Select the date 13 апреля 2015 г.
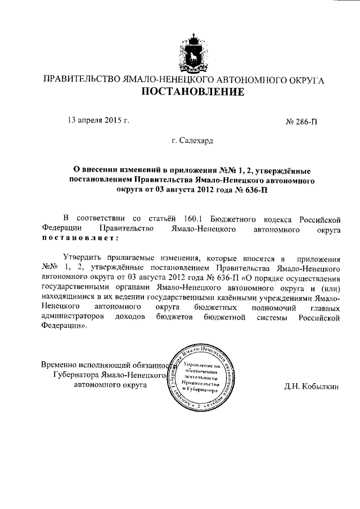coord(98,120)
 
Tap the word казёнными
coord(241,298)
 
